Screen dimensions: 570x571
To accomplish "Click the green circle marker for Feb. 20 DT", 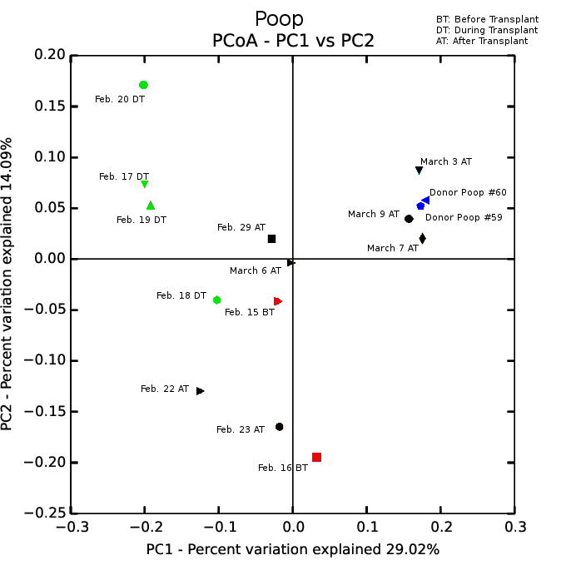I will (x=143, y=85).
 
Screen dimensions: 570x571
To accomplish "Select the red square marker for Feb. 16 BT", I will (x=316, y=457).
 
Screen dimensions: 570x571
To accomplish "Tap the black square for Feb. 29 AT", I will (x=271, y=239).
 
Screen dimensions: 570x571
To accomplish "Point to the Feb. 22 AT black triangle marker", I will (x=200, y=390).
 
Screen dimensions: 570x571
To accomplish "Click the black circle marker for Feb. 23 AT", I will (x=279, y=427).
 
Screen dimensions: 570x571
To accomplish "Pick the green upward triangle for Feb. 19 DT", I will (x=151, y=206).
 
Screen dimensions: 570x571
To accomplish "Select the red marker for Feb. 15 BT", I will (x=277, y=301).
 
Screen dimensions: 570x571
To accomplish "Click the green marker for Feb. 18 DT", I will (x=216, y=300).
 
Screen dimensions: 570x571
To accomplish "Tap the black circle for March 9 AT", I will (x=409, y=219).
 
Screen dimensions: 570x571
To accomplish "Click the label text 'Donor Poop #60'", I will (x=468, y=192).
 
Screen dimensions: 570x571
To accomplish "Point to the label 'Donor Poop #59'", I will (x=464, y=217).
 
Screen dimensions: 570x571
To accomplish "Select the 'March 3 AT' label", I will (x=445, y=161).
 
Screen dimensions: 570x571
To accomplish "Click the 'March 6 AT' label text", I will (x=255, y=270).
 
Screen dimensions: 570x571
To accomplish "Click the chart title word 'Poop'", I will (x=279, y=19).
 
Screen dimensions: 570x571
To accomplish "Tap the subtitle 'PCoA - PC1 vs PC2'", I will (x=293, y=41).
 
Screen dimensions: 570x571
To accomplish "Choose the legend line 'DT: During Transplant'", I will (x=487, y=30).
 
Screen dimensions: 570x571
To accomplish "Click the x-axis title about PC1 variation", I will (x=292, y=549).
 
